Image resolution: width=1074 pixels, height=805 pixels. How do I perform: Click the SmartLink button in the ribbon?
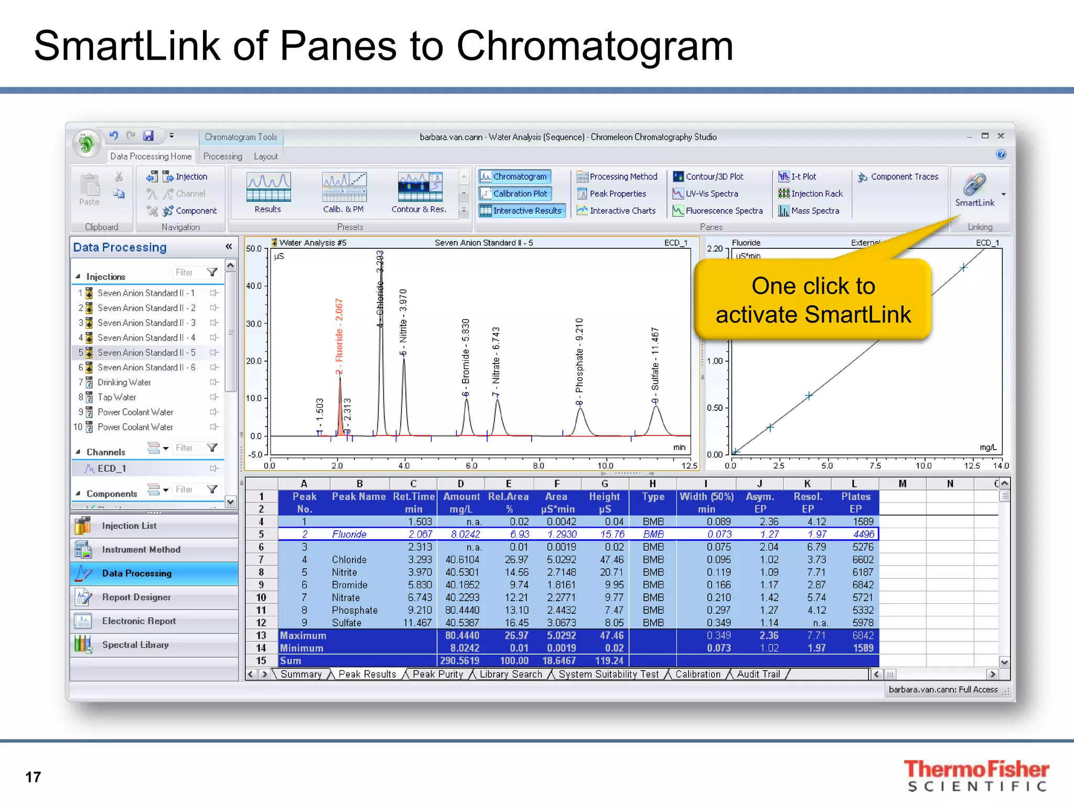974,190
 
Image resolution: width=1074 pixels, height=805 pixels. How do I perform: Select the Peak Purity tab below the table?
437,674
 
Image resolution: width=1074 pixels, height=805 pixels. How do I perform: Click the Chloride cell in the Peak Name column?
349,560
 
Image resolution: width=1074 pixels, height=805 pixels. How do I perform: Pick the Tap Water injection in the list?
116,397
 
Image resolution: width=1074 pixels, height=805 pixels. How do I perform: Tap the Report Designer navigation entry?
136,597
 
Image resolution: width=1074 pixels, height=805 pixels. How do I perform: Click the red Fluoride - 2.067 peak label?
339,336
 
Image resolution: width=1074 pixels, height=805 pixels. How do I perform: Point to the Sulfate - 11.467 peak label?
655,360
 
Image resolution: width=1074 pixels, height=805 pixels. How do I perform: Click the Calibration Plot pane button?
519,193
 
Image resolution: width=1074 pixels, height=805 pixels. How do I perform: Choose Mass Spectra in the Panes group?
814,211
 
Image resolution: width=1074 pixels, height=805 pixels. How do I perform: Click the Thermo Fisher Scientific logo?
976,775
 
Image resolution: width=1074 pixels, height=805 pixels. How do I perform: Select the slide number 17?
33,777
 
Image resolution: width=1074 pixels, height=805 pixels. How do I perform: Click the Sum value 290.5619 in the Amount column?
461,661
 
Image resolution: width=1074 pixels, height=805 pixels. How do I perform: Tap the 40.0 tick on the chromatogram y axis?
254,286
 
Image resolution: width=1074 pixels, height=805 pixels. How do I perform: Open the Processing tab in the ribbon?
222,156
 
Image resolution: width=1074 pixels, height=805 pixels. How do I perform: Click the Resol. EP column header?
808,502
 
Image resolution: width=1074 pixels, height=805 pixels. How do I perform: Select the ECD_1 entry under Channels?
112,469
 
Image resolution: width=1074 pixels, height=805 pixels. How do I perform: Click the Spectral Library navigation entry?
135,645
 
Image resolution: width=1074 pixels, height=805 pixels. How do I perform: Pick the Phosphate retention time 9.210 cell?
420,610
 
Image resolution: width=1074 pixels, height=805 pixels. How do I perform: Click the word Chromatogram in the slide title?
595,46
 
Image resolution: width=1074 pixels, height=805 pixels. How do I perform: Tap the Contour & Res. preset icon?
420,189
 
